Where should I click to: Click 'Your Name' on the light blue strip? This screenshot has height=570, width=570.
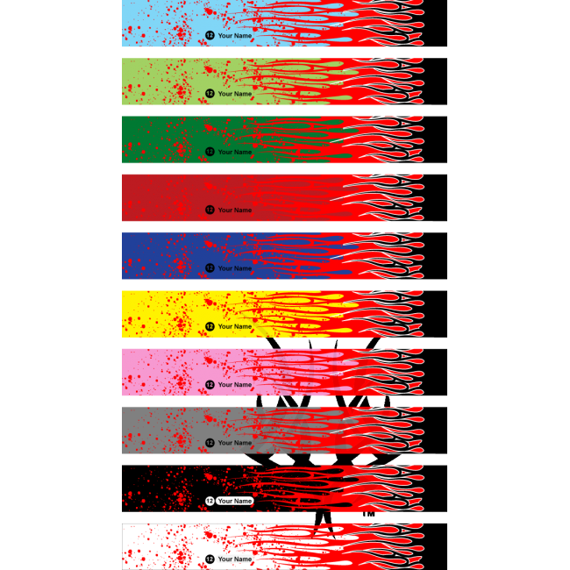234,36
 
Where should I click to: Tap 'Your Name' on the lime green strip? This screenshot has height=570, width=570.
234,94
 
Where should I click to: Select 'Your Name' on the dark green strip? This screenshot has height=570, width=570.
234,152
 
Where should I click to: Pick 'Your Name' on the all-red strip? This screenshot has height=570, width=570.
234,210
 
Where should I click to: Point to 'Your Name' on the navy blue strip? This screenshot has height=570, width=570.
234,268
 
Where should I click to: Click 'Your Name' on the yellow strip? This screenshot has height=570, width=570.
234,326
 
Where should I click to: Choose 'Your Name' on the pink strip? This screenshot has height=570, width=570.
234,385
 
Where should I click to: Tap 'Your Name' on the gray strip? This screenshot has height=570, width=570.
234,443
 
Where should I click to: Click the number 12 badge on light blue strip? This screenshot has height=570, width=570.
210,36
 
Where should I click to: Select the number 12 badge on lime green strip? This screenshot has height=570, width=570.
210,94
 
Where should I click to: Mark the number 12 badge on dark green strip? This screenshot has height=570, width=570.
210,152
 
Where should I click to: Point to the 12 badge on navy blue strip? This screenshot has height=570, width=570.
210,268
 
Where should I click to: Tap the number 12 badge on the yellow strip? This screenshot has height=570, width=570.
210,326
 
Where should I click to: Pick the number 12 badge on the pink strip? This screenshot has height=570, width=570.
210,385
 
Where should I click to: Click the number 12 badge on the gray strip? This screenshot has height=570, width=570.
210,443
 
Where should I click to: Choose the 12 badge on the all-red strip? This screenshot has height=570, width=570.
210,210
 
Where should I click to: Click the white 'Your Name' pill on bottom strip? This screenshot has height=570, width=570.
235,559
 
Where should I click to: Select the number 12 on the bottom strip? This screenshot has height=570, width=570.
210,559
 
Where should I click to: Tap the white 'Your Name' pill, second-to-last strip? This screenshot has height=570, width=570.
235,502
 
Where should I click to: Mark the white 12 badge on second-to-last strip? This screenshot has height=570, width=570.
210,502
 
